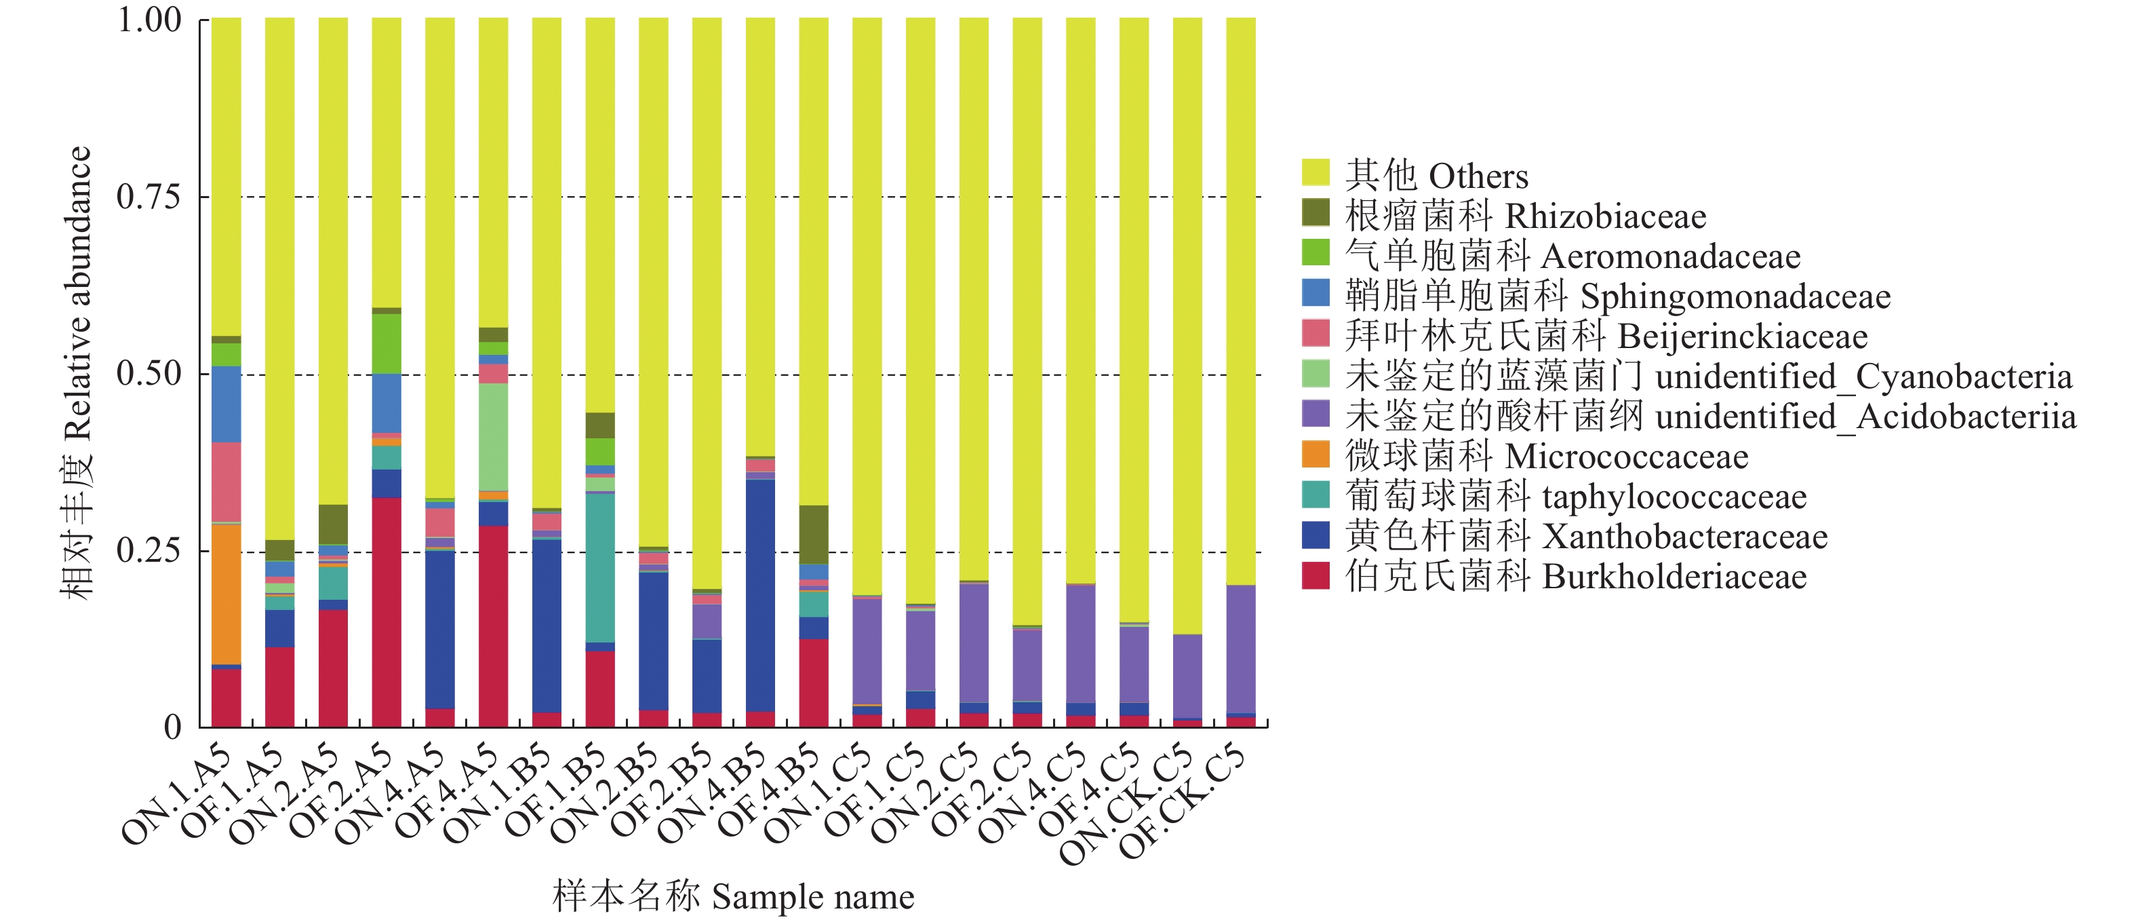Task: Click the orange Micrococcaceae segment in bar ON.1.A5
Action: pos(226,594)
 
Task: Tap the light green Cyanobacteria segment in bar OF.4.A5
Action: pos(494,436)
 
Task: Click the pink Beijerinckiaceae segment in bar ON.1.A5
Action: pos(226,481)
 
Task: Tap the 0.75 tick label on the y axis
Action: pos(149,197)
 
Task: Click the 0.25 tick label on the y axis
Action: pos(149,551)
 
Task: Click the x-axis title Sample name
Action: pos(734,897)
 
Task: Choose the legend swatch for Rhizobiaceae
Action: pos(1315,213)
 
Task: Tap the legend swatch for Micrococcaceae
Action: pos(1315,454)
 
